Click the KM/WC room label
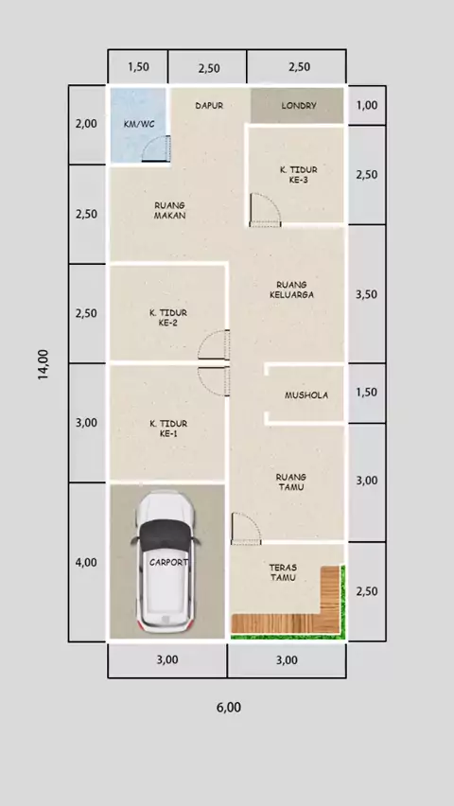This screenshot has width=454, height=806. point(139,124)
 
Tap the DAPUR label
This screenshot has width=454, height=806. point(209,105)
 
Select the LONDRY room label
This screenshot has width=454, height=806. point(299,106)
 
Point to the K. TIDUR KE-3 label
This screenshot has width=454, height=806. point(298,175)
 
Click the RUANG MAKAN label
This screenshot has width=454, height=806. point(169,210)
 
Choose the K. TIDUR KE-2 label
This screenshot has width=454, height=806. point(168,318)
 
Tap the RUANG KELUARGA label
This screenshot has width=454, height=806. point(291,289)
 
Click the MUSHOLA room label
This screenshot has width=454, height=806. point(306,395)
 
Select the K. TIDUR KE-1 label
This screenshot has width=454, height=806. point(168,429)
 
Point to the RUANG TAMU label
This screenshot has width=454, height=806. point(291,482)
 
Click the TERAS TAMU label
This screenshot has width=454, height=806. point(283,572)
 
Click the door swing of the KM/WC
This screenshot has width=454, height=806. point(156,149)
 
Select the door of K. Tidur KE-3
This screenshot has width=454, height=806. point(265,210)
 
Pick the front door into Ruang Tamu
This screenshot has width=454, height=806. point(246,529)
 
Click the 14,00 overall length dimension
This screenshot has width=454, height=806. point(44,364)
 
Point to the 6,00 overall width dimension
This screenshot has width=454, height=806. point(229,708)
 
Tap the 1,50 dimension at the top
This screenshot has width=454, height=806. point(138,66)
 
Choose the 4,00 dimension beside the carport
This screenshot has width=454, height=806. point(86,562)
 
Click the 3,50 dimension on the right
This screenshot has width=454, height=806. point(367,294)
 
